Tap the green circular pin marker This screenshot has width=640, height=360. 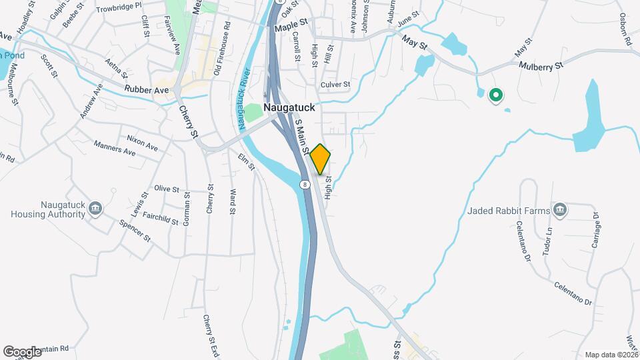tap(495, 96)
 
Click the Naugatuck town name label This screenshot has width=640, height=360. tap(289, 107)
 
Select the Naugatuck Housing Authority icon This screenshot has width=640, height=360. tap(95, 209)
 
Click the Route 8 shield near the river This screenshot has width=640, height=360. tap(305, 183)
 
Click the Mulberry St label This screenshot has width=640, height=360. tap(541, 65)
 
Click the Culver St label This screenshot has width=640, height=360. tap(335, 85)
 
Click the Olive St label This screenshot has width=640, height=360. tap(167, 189)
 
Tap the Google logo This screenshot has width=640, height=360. tap(23, 351)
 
